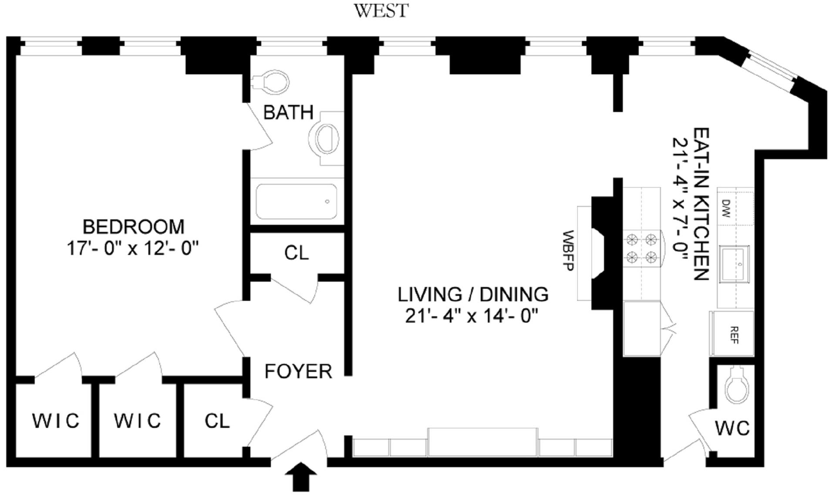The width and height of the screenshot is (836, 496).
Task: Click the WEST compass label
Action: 381,10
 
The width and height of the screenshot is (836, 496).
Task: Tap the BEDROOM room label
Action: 134,227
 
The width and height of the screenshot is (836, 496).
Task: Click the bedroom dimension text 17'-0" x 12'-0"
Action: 132,249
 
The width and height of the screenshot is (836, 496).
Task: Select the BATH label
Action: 288,112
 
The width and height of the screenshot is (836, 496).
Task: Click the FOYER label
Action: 298,371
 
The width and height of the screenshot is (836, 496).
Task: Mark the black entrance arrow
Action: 301,477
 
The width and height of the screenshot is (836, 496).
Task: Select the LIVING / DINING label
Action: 473,295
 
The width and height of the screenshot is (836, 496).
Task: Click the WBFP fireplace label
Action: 568,250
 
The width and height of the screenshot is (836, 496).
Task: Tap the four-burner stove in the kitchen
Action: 641,249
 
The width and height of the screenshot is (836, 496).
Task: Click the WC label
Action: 732,428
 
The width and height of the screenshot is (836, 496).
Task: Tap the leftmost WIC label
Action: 56,421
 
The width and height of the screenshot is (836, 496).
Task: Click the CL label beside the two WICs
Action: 217,421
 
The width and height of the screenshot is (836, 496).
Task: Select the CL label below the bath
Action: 296,253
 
